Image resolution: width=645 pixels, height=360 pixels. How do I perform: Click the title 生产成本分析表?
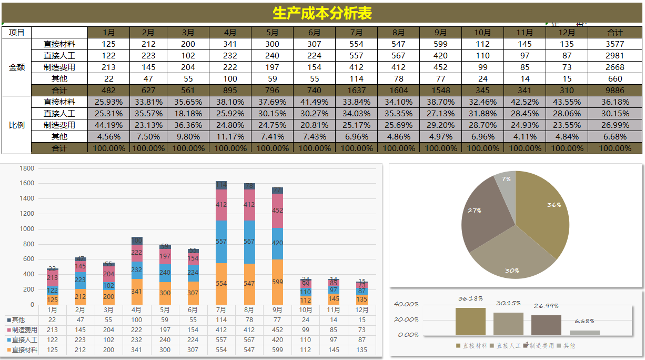pyautogui.click(x=322, y=13)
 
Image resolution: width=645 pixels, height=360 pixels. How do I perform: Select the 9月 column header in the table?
pyautogui.click(x=440, y=33)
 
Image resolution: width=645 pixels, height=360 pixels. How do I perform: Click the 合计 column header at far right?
pyautogui.click(x=614, y=33)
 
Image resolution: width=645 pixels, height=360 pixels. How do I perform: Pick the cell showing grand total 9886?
pyautogui.click(x=614, y=91)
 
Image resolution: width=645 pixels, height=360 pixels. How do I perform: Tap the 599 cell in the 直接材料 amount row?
pyautogui.click(x=440, y=44)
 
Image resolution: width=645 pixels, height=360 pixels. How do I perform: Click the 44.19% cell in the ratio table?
pyautogui.click(x=108, y=125)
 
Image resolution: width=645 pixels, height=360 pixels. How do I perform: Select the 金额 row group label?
pyautogui.click(x=17, y=67)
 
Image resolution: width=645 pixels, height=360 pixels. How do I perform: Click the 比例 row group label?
pyautogui.click(x=17, y=125)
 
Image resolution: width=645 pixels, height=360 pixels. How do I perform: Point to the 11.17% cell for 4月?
pyautogui.click(x=230, y=137)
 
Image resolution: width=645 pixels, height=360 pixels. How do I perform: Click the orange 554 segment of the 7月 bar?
pyautogui.click(x=221, y=284)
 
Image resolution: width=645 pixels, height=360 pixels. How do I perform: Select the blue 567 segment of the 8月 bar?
pyautogui.click(x=249, y=242)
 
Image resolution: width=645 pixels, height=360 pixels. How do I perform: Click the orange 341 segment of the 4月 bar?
pyautogui.click(x=137, y=292)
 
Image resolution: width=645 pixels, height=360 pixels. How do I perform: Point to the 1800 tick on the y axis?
pyautogui.click(x=27, y=168)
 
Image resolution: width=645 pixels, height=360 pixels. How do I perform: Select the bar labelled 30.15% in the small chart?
pyautogui.click(x=508, y=324)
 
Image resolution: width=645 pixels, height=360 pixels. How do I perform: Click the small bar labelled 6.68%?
pyautogui.click(x=584, y=333)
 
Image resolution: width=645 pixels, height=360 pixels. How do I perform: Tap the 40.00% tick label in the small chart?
pyautogui.click(x=407, y=304)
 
